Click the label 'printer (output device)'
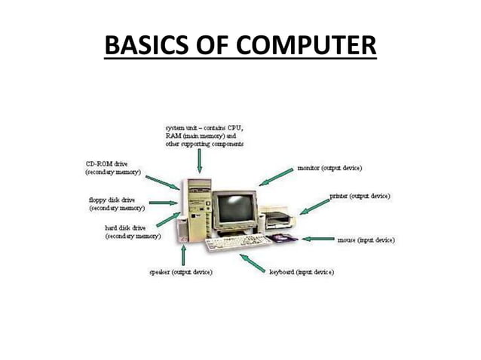(x=360, y=196)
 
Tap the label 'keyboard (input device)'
(x=302, y=271)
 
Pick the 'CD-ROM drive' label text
(x=105, y=163)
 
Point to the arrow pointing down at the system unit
(x=199, y=160)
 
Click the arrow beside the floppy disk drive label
(x=163, y=203)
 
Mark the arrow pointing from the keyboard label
(x=253, y=262)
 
